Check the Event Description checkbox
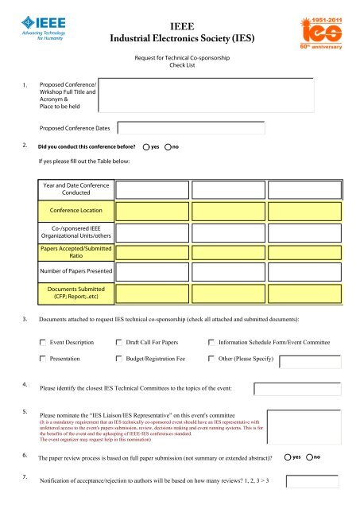click(43, 342)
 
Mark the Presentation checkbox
click(43, 359)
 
